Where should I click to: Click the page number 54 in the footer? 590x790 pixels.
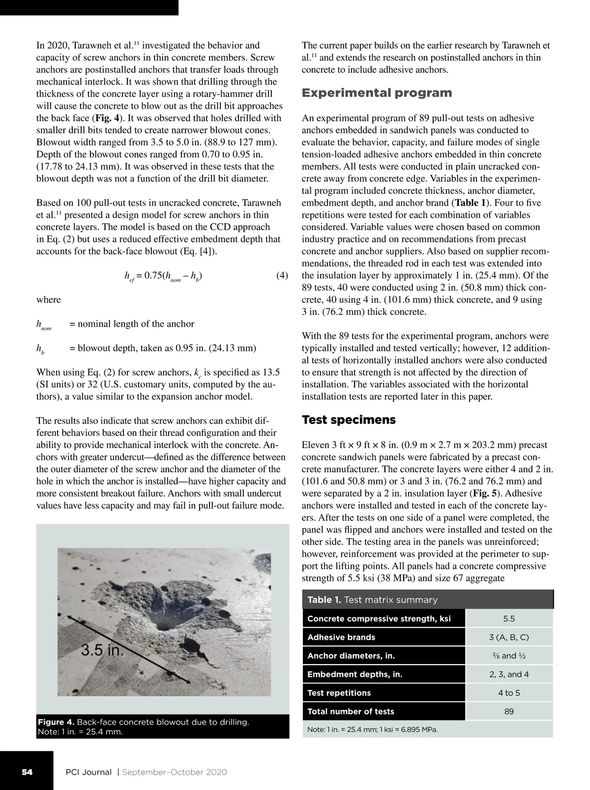click(x=27, y=772)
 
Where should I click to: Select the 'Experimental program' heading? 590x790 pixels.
click(x=377, y=93)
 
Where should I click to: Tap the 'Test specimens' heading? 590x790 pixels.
click(x=349, y=420)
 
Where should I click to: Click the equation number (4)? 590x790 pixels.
click(x=282, y=275)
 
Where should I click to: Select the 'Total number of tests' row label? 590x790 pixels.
click(x=351, y=711)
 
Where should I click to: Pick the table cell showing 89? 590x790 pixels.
click(x=509, y=711)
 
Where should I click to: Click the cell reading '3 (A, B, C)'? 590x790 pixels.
click(x=509, y=637)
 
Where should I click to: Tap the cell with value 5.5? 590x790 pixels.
click(x=509, y=619)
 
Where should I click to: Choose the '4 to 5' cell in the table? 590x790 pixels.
click(x=509, y=693)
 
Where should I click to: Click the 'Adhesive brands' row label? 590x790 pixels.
click(x=341, y=637)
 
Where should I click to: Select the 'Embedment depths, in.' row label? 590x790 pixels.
click(x=354, y=674)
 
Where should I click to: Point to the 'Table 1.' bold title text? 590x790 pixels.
click(x=324, y=600)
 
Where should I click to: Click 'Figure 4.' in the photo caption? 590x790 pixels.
click(x=56, y=722)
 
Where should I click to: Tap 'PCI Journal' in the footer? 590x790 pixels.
click(x=88, y=772)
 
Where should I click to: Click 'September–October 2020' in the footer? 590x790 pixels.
click(x=175, y=772)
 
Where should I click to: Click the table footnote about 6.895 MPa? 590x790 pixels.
click(x=372, y=729)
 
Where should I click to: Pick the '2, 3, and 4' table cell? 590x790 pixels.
click(x=509, y=674)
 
